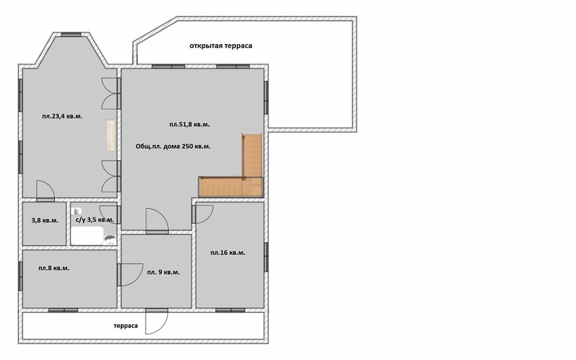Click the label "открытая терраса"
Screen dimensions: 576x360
coord(221,46)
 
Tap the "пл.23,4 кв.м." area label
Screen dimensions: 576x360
coord(62,117)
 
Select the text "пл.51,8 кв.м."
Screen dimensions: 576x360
coord(190,125)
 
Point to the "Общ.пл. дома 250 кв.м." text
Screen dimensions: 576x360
coord(173,146)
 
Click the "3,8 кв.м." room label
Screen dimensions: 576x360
coord(45,220)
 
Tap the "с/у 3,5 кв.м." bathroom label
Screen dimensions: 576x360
coord(94,220)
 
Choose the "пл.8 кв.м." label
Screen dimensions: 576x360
coord(54,268)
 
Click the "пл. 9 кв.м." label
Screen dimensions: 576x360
coord(163,273)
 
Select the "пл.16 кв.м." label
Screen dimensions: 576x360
coord(228,253)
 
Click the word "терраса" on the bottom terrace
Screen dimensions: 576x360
coord(125,326)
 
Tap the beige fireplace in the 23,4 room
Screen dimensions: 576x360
coord(111,135)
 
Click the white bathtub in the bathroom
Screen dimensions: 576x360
coord(87,236)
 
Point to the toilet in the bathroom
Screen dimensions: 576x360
coord(77,211)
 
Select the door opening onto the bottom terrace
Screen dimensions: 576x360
coord(157,321)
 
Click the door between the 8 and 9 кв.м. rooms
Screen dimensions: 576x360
coord(129,275)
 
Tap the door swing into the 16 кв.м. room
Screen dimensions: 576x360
coord(203,214)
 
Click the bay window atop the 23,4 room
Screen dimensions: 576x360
coord(71,35)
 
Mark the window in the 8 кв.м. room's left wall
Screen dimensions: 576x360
coord(20,276)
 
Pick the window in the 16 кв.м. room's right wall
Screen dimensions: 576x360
coord(266,257)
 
